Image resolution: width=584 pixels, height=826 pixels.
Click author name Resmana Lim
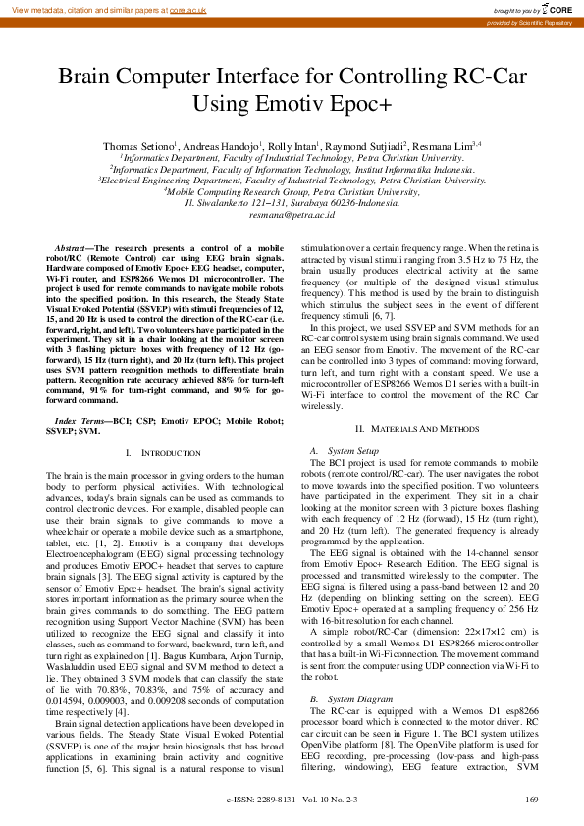pyautogui.click(x=446, y=145)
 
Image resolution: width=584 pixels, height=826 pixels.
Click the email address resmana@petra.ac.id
pyautogui.click(x=292, y=213)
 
